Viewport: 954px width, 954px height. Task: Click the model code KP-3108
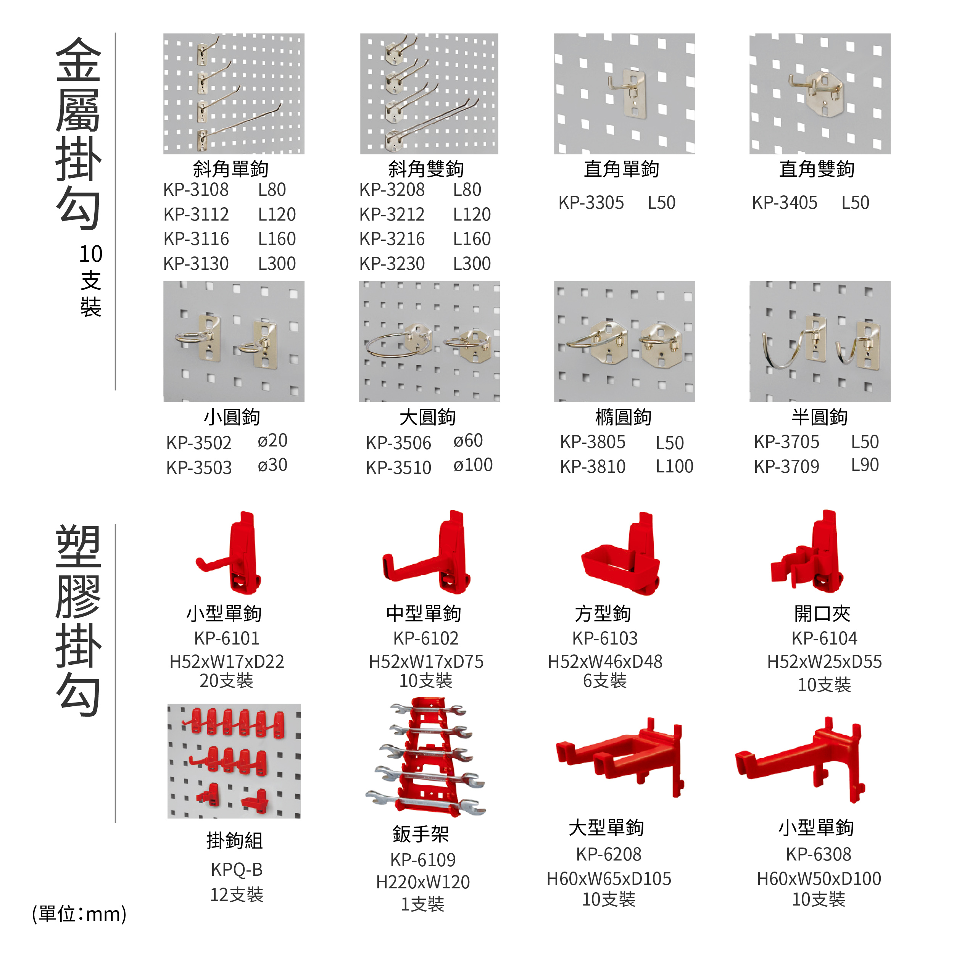click(196, 190)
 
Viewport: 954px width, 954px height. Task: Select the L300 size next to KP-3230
click(472, 264)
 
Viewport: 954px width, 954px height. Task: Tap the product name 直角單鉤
click(622, 169)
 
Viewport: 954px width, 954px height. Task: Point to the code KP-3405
click(785, 203)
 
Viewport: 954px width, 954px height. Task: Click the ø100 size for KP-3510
click(473, 465)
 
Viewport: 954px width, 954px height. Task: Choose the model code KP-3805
click(593, 442)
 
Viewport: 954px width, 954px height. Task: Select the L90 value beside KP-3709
click(865, 465)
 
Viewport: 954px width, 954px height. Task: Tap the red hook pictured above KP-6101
click(229, 553)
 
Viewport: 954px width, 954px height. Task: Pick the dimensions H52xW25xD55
click(824, 662)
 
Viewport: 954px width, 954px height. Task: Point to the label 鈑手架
click(421, 834)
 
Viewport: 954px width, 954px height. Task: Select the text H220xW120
click(423, 882)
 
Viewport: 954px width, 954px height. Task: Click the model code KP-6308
click(819, 854)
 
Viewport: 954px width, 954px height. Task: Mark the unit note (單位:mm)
click(79, 914)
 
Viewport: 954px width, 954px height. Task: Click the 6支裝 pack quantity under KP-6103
click(605, 681)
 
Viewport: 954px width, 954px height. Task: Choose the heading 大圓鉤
click(428, 417)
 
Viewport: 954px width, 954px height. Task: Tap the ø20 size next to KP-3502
click(272, 440)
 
